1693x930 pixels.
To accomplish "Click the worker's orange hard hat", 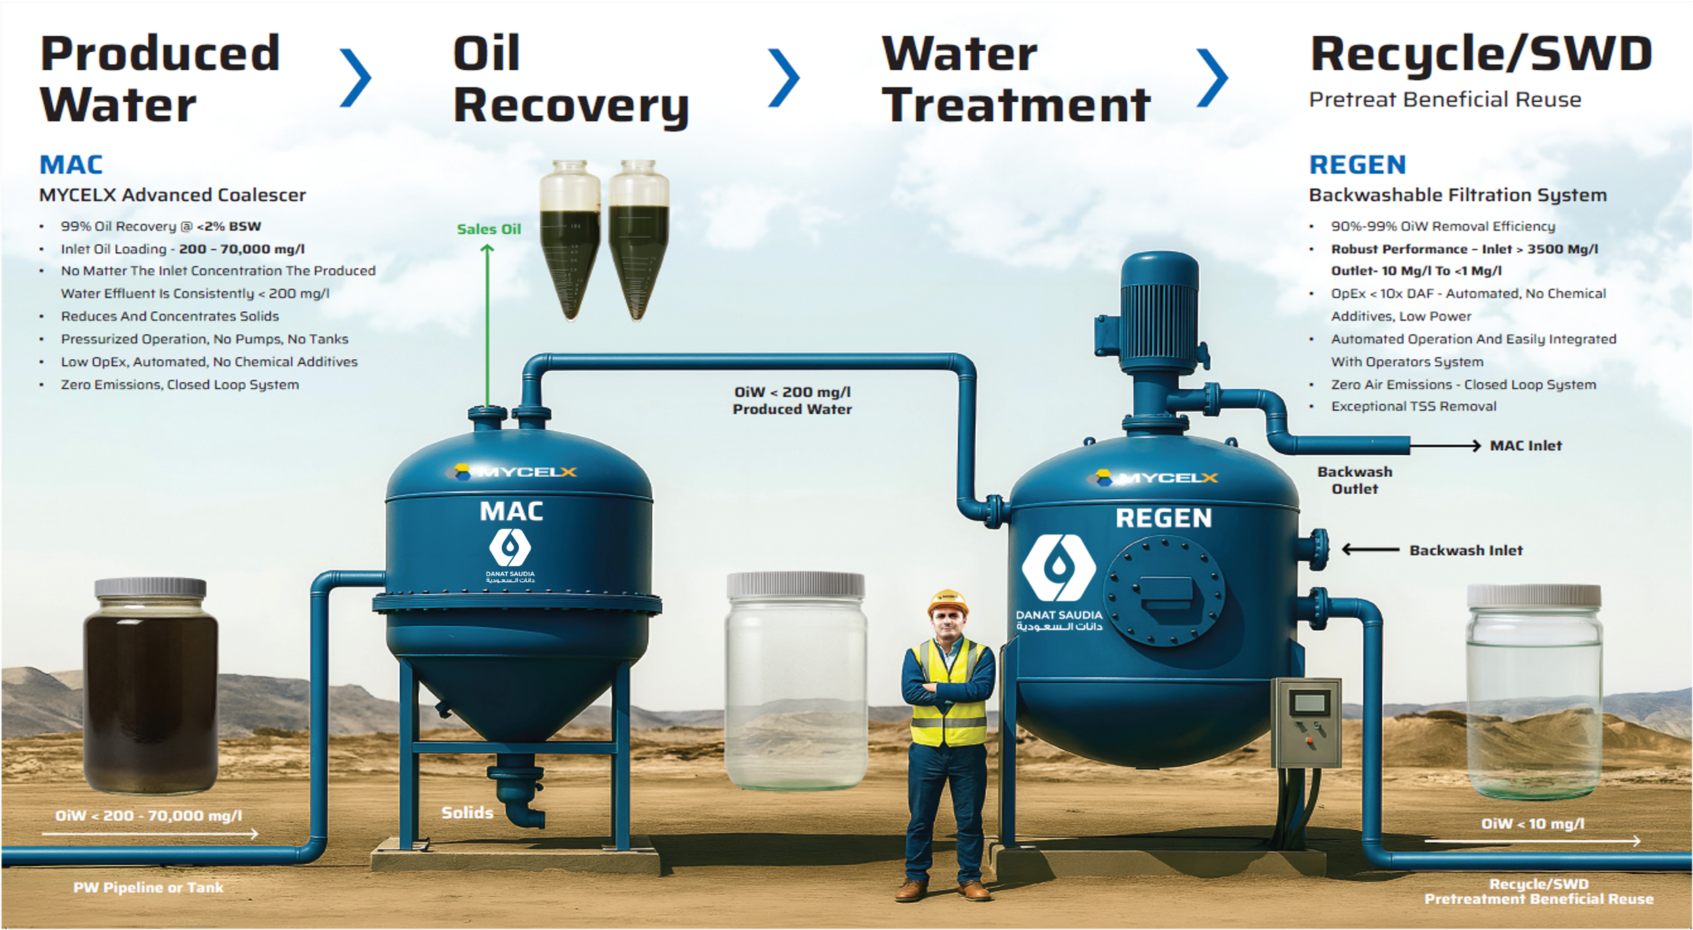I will pyautogui.click(x=947, y=601).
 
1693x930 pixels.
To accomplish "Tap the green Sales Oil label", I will pyautogui.click(x=488, y=229).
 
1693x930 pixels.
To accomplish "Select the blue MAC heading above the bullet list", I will pyautogui.click(x=71, y=165).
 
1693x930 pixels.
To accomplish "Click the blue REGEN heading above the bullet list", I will pyautogui.click(x=1357, y=165).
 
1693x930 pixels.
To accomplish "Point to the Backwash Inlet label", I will pyautogui.click(x=1465, y=551).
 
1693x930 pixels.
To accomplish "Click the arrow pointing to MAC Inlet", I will pyautogui.click(x=1445, y=446).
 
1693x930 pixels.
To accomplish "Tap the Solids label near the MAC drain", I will pyautogui.click(x=467, y=812).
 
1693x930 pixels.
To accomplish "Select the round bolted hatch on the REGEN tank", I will pyautogui.click(x=1164, y=591).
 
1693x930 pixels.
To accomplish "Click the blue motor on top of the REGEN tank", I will pyautogui.click(x=1159, y=312).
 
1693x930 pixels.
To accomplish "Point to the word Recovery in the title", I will pyautogui.click(x=571, y=106).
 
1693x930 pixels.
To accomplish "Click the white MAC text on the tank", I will pyautogui.click(x=511, y=511).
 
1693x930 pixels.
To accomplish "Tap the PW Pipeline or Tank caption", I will pyautogui.click(x=148, y=887).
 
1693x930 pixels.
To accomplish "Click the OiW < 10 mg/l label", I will pyautogui.click(x=1533, y=824).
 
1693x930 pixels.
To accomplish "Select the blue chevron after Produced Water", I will pyautogui.click(x=356, y=78).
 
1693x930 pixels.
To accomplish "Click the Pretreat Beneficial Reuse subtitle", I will pyautogui.click(x=1444, y=100).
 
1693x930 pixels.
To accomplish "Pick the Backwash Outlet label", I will pyautogui.click(x=1354, y=480).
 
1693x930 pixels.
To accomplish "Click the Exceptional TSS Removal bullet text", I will pyautogui.click(x=1413, y=406).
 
